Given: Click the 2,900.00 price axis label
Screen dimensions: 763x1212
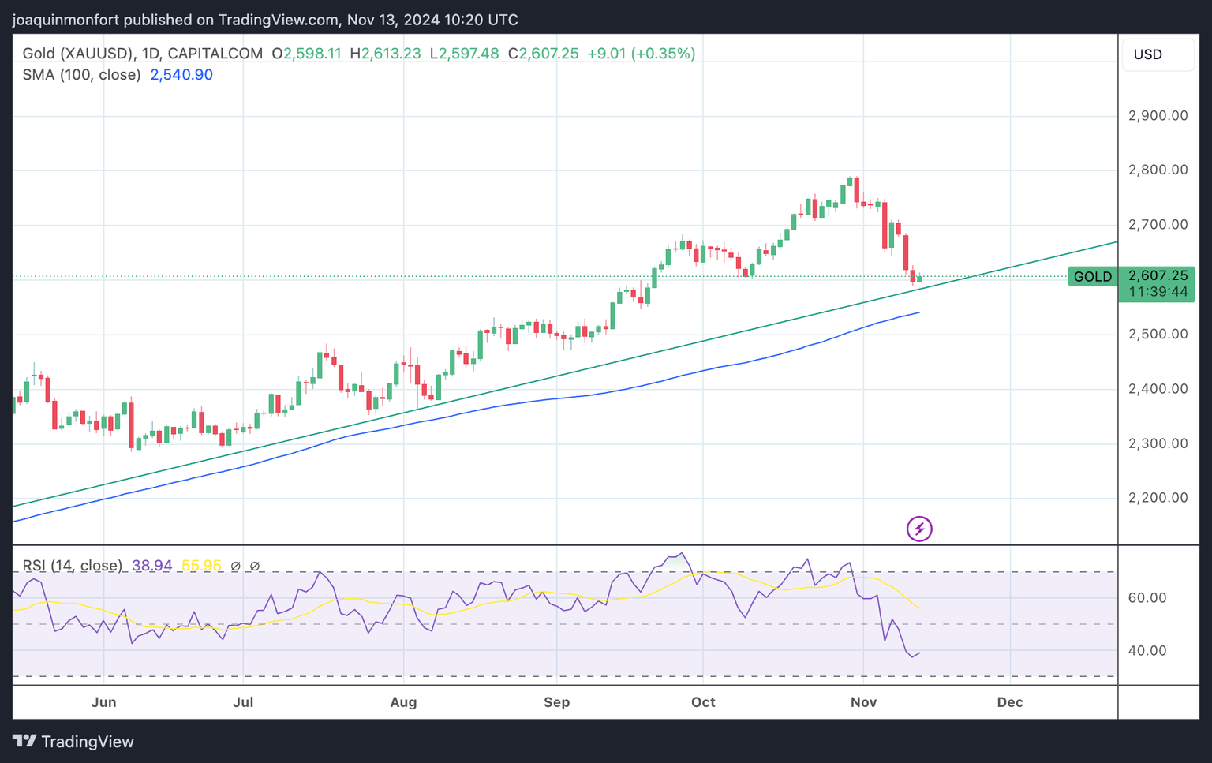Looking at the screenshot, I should click(1158, 116).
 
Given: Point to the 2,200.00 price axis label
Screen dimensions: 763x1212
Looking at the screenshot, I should click(1158, 498).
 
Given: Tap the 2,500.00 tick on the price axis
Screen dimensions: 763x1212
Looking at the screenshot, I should click(1158, 335).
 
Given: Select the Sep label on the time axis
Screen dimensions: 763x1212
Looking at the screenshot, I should click(556, 702).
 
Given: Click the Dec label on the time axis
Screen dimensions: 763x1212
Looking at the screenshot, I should click(1010, 702).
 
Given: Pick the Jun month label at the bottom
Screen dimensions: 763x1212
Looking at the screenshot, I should click(103, 702).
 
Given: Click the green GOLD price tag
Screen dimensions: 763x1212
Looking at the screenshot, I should click(1092, 277).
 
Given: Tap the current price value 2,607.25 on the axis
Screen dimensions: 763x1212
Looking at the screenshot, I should click(1158, 276).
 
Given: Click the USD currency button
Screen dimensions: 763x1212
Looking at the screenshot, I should click(1148, 54).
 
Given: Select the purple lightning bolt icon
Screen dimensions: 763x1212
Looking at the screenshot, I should click(919, 529).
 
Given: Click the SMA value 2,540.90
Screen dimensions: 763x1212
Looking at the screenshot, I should click(181, 75).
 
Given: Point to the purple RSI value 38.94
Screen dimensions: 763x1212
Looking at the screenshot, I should click(152, 566).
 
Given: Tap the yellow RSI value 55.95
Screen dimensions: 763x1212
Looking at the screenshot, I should click(201, 566).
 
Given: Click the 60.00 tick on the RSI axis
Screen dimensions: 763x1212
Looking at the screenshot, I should click(1147, 598).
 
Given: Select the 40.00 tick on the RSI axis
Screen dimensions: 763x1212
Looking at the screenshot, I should click(1147, 651).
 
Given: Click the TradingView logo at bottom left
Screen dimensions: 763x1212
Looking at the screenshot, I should click(73, 742).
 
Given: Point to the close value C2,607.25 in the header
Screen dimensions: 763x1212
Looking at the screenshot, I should click(543, 54).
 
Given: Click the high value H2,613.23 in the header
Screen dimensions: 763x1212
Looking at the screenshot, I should click(385, 54).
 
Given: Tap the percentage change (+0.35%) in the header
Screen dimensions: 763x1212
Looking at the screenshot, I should click(664, 54).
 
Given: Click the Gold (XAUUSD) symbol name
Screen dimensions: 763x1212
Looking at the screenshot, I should click(77, 54).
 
